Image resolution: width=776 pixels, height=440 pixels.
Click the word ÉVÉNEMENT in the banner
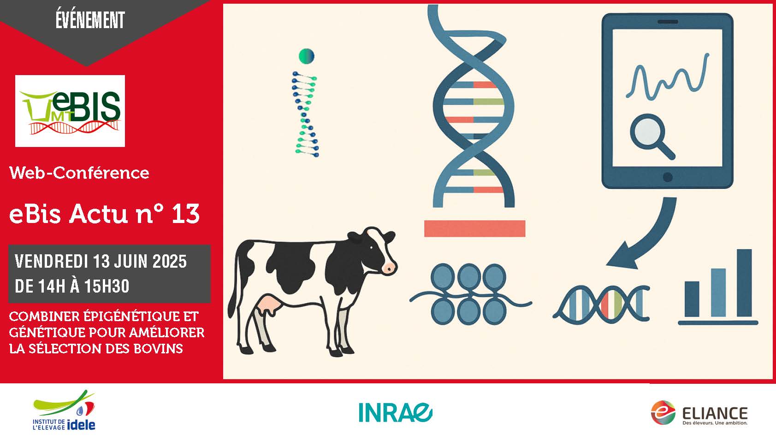click(x=90, y=20)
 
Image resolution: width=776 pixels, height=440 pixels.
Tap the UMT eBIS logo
click(x=70, y=111)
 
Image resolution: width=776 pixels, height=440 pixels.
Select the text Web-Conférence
click(x=79, y=173)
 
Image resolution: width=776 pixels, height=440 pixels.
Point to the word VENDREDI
click(x=51, y=261)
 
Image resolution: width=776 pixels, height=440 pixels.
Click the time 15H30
click(x=107, y=286)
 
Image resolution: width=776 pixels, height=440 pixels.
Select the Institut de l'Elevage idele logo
click(x=64, y=411)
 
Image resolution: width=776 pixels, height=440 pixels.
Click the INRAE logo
click(x=395, y=412)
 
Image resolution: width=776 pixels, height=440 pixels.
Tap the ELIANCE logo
click(x=699, y=412)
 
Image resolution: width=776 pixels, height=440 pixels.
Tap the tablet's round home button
click(x=668, y=177)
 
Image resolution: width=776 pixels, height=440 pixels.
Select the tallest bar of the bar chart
click(x=744, y=282)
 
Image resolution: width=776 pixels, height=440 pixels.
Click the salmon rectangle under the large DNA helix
click(x=474, y=229)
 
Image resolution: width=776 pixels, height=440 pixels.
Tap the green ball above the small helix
click(x=307, y=56)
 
